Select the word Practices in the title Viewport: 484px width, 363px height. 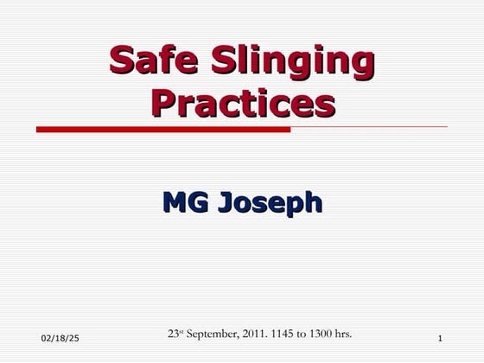click(242, 103)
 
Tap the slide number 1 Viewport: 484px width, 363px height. click(440, 336)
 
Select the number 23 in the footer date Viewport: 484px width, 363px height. click(173, 333)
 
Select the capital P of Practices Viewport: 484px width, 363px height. click(162, 102)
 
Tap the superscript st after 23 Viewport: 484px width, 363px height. click(183, 329)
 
